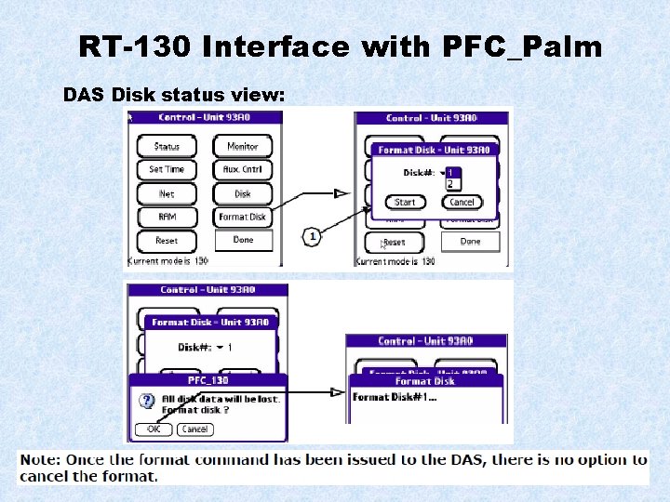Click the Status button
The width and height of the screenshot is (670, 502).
tap(167, 146)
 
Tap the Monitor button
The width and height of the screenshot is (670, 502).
tap(243, 146)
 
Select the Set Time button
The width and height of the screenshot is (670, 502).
tap(167, 169)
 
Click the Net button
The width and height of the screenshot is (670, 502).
tap(167, 193)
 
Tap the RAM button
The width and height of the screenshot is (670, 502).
tap(167, 217)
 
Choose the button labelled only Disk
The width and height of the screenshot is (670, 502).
tap(243, 193)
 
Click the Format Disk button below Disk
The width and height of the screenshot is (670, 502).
tap(243, 217)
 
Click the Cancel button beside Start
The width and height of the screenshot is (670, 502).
tap(462, 202)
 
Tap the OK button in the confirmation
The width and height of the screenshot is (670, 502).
tap(154, 429)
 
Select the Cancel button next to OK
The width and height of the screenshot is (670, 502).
tap(194, 429)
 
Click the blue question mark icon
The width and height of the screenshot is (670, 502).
tap(146, 402)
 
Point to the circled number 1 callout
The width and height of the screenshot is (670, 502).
tap(313, 237)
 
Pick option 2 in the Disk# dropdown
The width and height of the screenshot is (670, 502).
tap(450, 184)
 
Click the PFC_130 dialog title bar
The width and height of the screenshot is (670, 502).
tap(208, 380)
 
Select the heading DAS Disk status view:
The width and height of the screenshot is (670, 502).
tap(174, 95)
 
